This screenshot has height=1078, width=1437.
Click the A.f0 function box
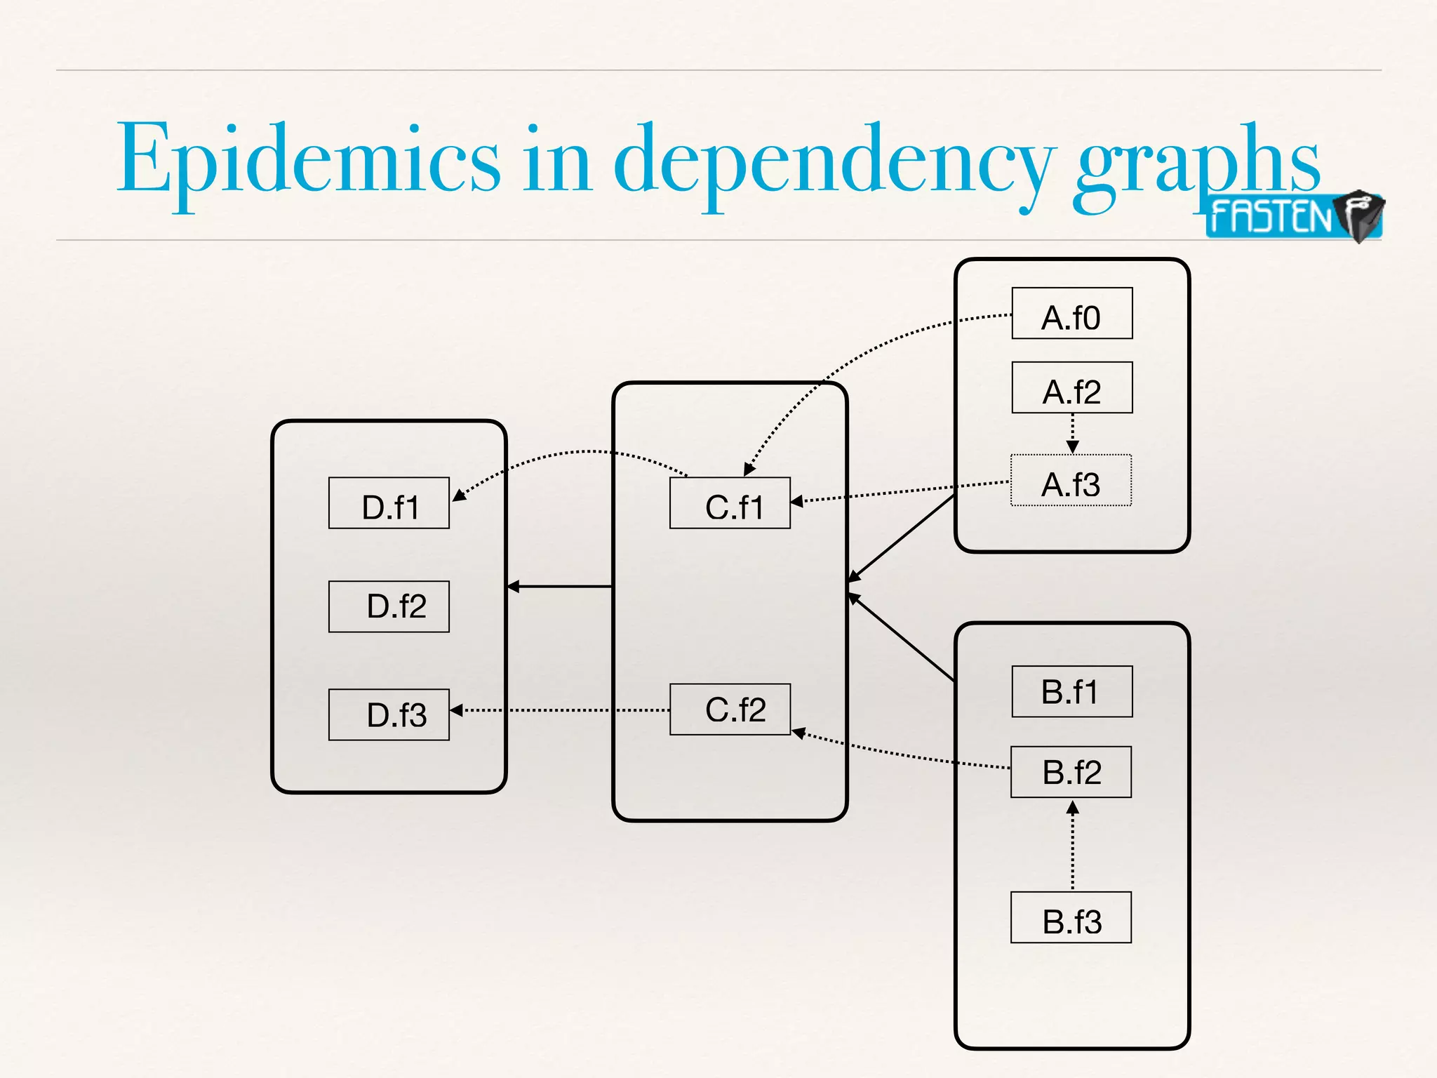coord(1071,313)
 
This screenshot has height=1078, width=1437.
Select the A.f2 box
coord(1071,387)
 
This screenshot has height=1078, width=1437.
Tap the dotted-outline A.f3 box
coord(1071,481)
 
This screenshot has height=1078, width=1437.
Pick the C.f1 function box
coord(730,503)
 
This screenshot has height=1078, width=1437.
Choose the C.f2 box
coord(730,710)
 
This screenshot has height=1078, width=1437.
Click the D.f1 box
coord(389,503)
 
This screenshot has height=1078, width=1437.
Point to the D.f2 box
coord(389,606)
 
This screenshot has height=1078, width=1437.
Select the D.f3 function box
coord(389,714)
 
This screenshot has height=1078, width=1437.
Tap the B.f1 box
coord(1071,691)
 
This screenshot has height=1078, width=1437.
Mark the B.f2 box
coord(1071,772)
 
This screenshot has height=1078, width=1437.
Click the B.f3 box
coord(1071,917)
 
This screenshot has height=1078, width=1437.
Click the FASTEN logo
coord(1293,216)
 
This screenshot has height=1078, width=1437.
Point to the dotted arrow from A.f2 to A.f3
coord(1072,433)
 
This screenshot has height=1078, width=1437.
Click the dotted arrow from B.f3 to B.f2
coord(1072,846)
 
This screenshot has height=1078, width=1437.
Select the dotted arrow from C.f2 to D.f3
coord(561,710)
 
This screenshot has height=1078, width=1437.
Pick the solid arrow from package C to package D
coord(560,586)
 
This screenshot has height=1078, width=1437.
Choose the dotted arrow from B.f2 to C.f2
coord(905,755)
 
